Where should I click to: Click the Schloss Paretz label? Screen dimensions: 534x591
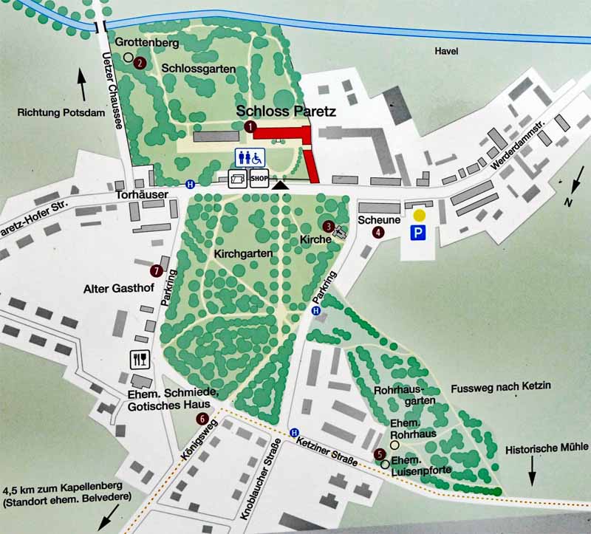click(x=286, y=112)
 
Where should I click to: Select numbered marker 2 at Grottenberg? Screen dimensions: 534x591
click(x=140, y=63)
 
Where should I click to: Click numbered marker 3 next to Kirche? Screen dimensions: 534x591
click(x=328, y=225)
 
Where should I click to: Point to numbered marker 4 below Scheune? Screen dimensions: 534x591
click(x=379, y=232)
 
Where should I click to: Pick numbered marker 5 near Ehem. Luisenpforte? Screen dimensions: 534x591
click(x=379, y=454)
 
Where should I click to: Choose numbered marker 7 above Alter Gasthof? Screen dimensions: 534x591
click(x=156, y=270)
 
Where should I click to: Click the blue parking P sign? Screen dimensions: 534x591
click(x=419, y=233)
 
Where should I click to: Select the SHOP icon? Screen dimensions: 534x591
click(x=259, y=179)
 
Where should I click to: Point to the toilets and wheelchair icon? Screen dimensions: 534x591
click(x=250, y=157)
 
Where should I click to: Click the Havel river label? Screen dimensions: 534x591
click(x=447, y=51)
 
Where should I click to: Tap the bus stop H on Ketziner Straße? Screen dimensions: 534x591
click(x=295, y=433)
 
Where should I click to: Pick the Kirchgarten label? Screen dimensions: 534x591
click(x=244, y=253)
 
